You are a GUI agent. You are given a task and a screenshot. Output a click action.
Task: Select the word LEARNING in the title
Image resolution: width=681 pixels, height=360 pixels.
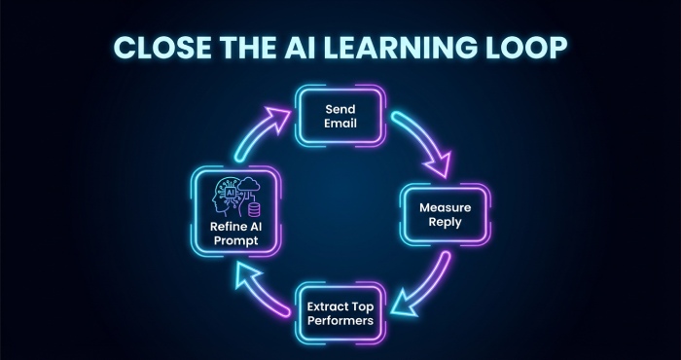(404, 48)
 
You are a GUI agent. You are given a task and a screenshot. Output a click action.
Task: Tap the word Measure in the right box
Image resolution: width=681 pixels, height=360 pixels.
(446, 208)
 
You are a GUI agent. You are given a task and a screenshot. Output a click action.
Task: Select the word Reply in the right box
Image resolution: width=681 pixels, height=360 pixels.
(446, 224)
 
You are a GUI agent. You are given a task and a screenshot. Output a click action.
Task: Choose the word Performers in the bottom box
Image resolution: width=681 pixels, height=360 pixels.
(340, 321)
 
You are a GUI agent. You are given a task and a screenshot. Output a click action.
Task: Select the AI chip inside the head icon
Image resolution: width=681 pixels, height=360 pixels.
(232, 193)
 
